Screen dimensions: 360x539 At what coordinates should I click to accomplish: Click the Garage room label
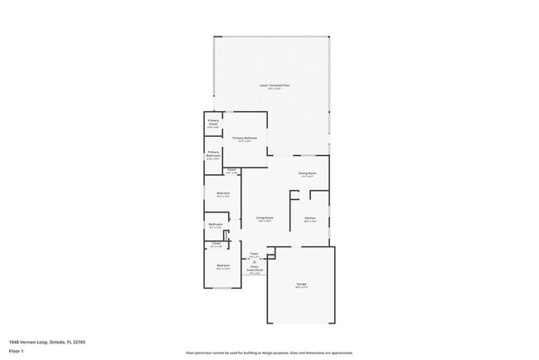301,285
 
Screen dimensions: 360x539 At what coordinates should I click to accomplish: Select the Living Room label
265,219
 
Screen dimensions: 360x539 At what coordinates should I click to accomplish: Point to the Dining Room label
308,174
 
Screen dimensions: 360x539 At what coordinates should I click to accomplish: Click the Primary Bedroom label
245,139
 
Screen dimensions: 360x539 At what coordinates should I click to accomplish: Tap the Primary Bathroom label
213,155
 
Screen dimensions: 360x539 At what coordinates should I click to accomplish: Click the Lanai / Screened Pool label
274,86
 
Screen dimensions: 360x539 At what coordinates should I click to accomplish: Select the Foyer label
254,255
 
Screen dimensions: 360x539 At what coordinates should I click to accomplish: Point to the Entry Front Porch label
254,270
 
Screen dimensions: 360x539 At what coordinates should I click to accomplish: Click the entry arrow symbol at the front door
254,261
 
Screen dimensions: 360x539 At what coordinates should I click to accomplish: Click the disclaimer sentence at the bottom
269,353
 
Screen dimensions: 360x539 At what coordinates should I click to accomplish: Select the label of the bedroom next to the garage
223,267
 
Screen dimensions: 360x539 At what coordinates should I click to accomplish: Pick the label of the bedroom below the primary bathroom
223,195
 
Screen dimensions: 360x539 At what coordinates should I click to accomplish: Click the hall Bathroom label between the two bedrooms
216,226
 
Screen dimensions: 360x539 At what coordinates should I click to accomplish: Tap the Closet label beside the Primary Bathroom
231,172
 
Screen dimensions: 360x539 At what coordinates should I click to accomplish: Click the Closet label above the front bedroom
216,245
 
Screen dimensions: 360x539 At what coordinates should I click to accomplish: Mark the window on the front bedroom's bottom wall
223,288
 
